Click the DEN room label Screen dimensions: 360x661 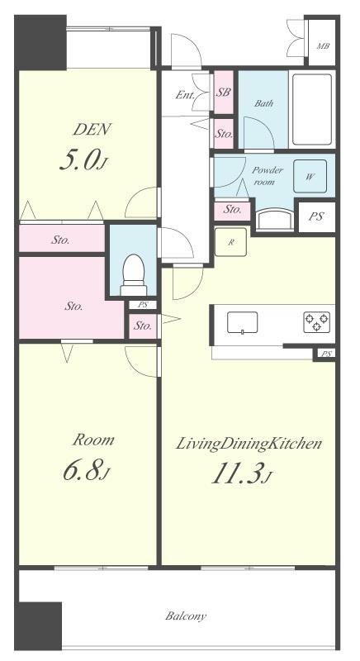[92, 129]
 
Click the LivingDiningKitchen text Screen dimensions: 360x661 [249, 444]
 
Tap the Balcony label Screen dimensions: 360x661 [186, 616]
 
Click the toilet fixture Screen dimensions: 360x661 [134, 274]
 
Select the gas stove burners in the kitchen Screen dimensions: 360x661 [316, 322]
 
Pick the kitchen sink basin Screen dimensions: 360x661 [242, 323]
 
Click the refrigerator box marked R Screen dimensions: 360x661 [230, 242]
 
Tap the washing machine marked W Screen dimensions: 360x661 [310, 176]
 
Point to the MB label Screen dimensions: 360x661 [323, 46]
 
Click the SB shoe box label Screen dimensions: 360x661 [223, 93]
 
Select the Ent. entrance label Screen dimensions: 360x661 [185, 95]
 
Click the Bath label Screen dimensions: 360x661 [264, 102]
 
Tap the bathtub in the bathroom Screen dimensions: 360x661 [312, 110]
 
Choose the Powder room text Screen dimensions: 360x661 [267, 176]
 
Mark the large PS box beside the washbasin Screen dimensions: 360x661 [316, 216]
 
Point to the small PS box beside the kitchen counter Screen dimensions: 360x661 [326, 354]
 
